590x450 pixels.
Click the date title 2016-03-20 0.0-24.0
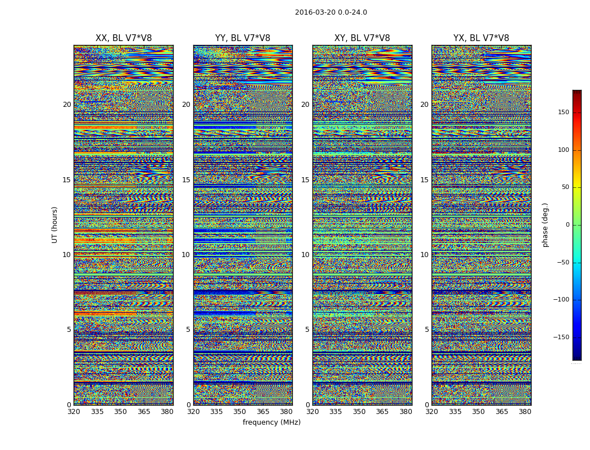pyautogui.click(x=331, y=12)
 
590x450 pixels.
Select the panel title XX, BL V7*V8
pyautogui.click(x=124, y=38)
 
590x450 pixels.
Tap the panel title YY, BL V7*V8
pyautogui.click(x=243, y=38)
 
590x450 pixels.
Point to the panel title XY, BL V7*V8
pyautogui.click(x=362, y=38)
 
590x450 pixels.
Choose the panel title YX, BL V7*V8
pyautogui.click(x=481, y=38)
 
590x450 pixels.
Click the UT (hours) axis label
pyautogui.click(x=55, y=224)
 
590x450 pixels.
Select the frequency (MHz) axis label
pyautogui.click(x=271, y=422)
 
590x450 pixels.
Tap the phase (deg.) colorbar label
pyautogui.click(x=545, y=225)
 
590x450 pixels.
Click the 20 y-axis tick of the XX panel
pyautogui.click(x=67, y=105)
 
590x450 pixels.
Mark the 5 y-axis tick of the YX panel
pyautogui.click(x=426, y=330)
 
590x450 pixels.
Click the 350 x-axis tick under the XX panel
pyautogui.click(x=120, y=412)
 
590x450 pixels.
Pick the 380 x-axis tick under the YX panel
pyautogui.click(x=525, y=412)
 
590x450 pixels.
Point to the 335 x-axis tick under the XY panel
pyautogui.click(x=335, y=412)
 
